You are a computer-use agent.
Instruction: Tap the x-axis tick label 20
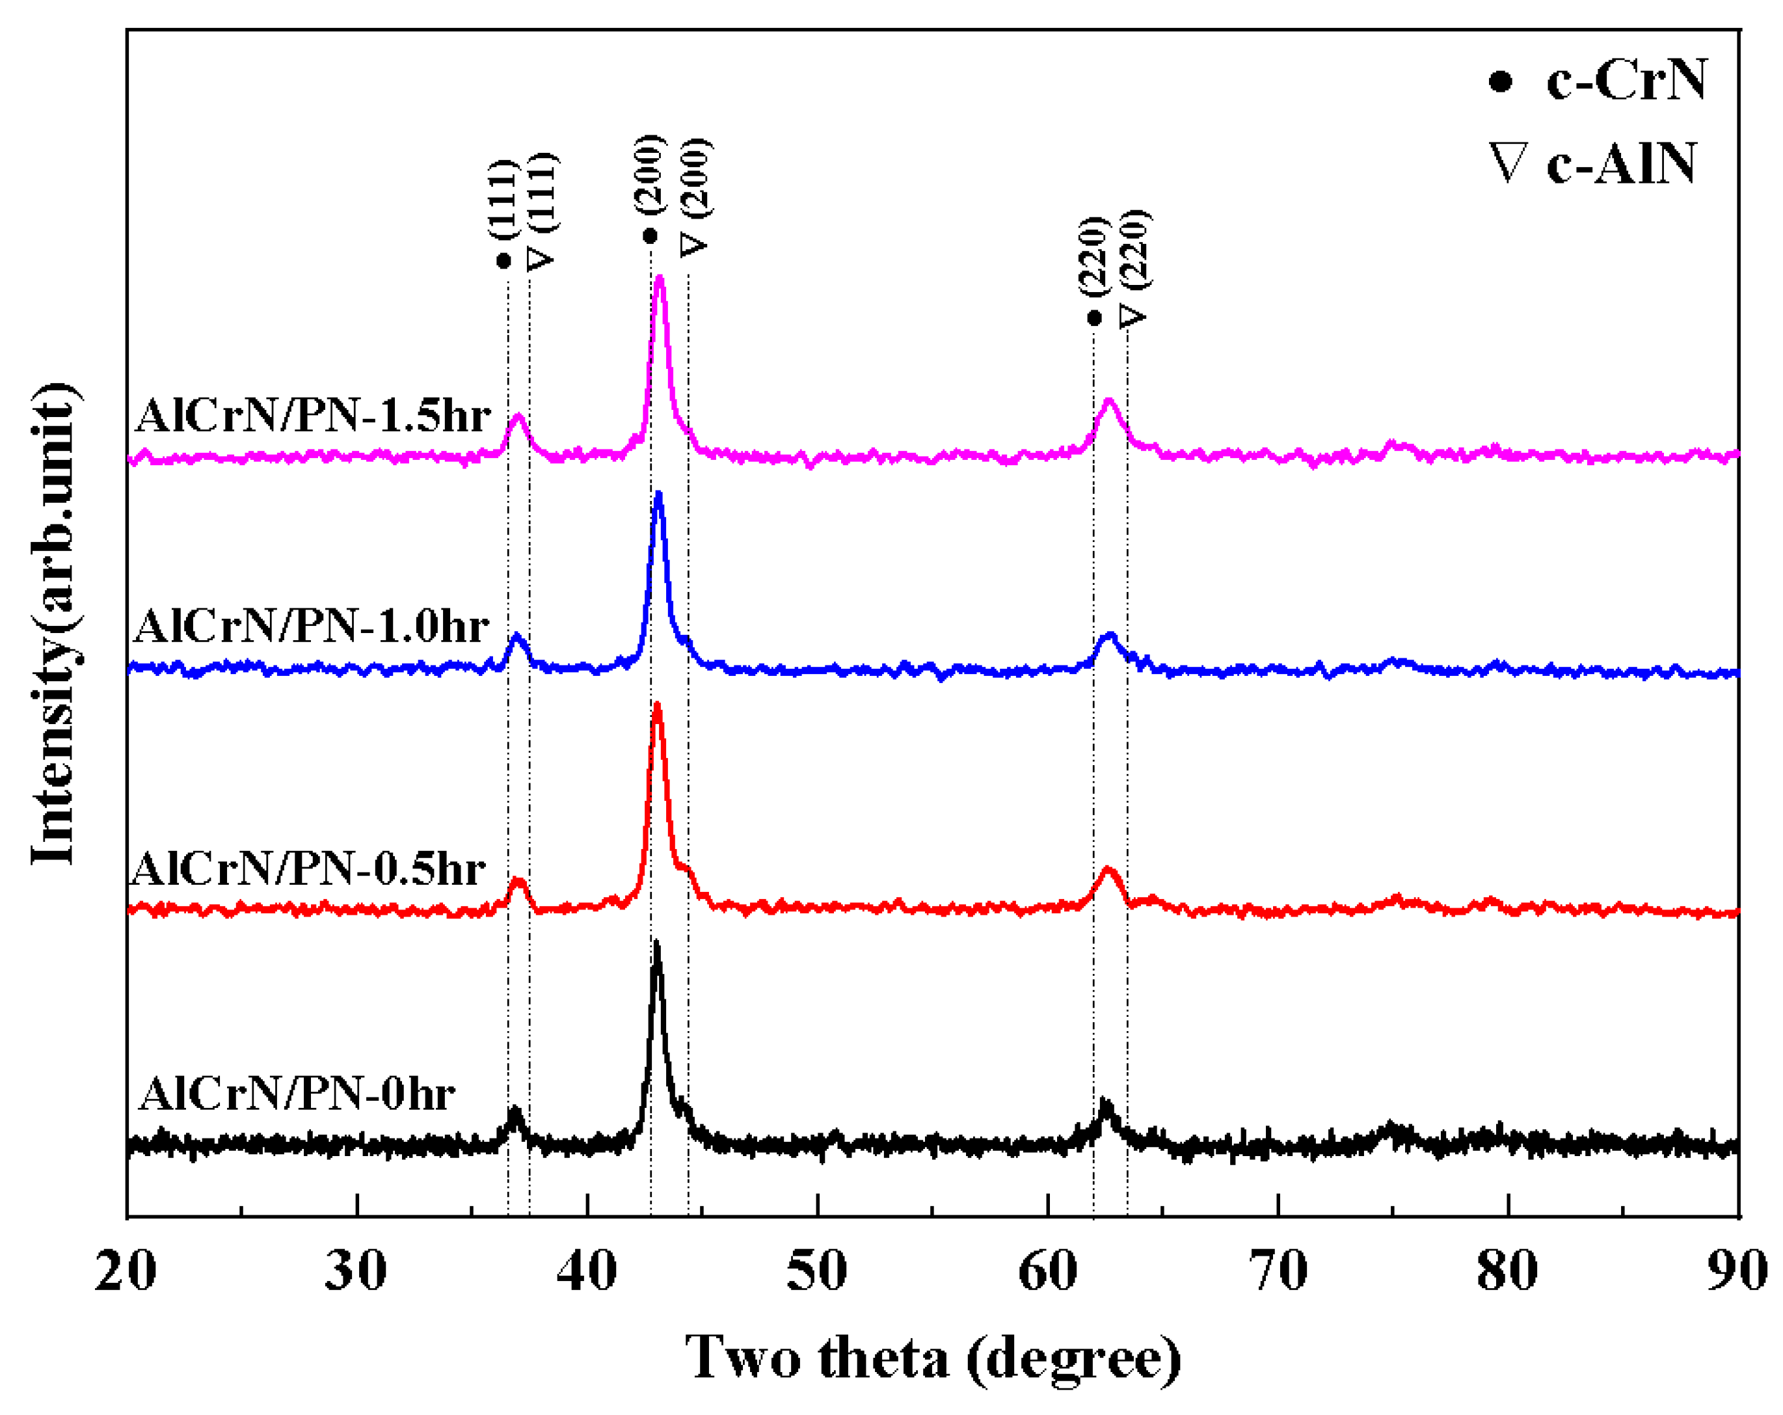[126, 1271]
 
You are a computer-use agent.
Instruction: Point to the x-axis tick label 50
[817, 1271]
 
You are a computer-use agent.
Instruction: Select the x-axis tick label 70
[1278, 1271]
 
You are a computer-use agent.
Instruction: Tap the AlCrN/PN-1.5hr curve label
[314, 414]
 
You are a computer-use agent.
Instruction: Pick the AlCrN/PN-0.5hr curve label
[308, 869]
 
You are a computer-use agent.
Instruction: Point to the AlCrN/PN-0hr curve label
[298, 1094]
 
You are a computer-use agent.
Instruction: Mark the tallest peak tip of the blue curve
[659, 494]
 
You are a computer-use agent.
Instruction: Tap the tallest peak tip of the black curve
[656, 942]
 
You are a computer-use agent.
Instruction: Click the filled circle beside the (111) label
[503, 262]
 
